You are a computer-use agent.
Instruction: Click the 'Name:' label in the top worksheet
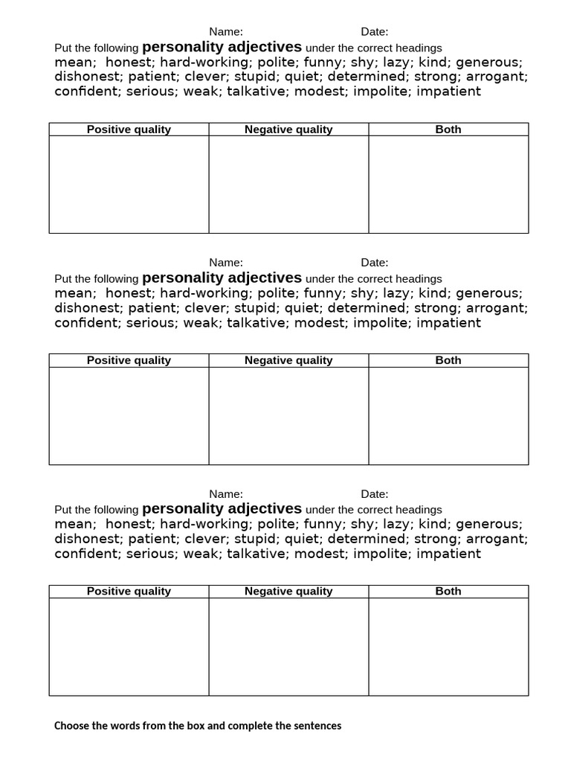point(226,31)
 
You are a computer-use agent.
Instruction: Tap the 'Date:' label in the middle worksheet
point(375,262)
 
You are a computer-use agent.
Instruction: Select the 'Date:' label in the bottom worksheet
point(375,493)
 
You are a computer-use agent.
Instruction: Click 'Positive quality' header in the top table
point(129,129)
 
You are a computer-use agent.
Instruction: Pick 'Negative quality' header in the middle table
point(288,360)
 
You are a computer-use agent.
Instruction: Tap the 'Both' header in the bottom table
point(448,591)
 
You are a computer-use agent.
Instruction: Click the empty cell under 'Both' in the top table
point(448,185)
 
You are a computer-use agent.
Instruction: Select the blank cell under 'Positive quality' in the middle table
point(129,415)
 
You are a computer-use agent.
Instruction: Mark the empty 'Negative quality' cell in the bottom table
point(288,646)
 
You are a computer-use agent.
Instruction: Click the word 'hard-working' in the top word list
point(204,63)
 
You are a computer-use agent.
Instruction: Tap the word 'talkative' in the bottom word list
point(258,554)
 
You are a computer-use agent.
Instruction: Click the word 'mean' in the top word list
point(73,63)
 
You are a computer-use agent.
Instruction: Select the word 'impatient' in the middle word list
point(448,323)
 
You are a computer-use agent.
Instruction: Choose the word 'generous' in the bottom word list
point(488,524)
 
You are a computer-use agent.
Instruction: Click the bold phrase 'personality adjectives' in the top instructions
point(222,47)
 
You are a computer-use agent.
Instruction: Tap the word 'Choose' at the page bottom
point(71,726)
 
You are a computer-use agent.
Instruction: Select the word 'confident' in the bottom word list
point(87,554)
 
